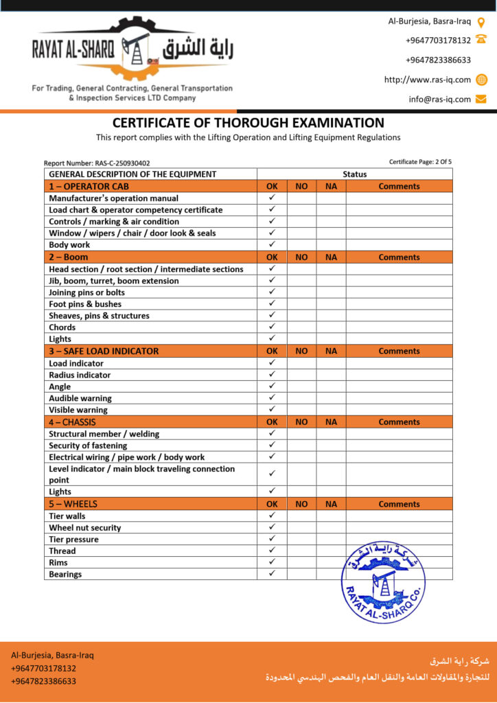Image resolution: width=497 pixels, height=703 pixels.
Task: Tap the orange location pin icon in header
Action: click(481, 22)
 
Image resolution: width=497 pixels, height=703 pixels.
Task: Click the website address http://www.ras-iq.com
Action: click(427, 80)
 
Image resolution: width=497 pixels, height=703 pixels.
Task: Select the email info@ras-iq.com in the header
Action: click(439, 99)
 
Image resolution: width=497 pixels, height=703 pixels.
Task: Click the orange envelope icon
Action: click(481, 99)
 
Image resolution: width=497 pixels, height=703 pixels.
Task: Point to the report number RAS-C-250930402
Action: click(97, 163)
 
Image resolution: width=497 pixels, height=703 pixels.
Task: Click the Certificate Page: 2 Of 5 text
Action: click(420, 162)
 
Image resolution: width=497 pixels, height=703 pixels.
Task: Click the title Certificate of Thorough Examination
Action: click(248, 123)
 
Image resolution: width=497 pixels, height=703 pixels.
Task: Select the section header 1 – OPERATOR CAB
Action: click(89, 186)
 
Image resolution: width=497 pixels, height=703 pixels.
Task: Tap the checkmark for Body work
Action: click(272, 244)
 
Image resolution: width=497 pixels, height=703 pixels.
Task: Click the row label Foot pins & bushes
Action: click(85, 304)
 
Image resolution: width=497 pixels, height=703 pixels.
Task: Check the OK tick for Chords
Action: click(272, 327)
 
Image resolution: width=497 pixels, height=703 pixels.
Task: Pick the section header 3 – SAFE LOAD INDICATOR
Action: click(104, 351)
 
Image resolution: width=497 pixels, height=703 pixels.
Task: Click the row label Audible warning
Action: click(80, 398)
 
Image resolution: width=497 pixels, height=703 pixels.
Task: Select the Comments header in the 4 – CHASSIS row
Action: click(399, 422)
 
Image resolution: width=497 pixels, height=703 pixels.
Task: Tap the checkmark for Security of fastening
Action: click(272, 446)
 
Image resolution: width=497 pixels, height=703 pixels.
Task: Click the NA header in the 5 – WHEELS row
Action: click(331, 504)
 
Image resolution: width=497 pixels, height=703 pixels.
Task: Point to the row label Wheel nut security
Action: click(85, 528)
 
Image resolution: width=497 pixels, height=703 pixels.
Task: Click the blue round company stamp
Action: click(383, 581)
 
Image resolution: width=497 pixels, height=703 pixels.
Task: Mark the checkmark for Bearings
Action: click(272, 574)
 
